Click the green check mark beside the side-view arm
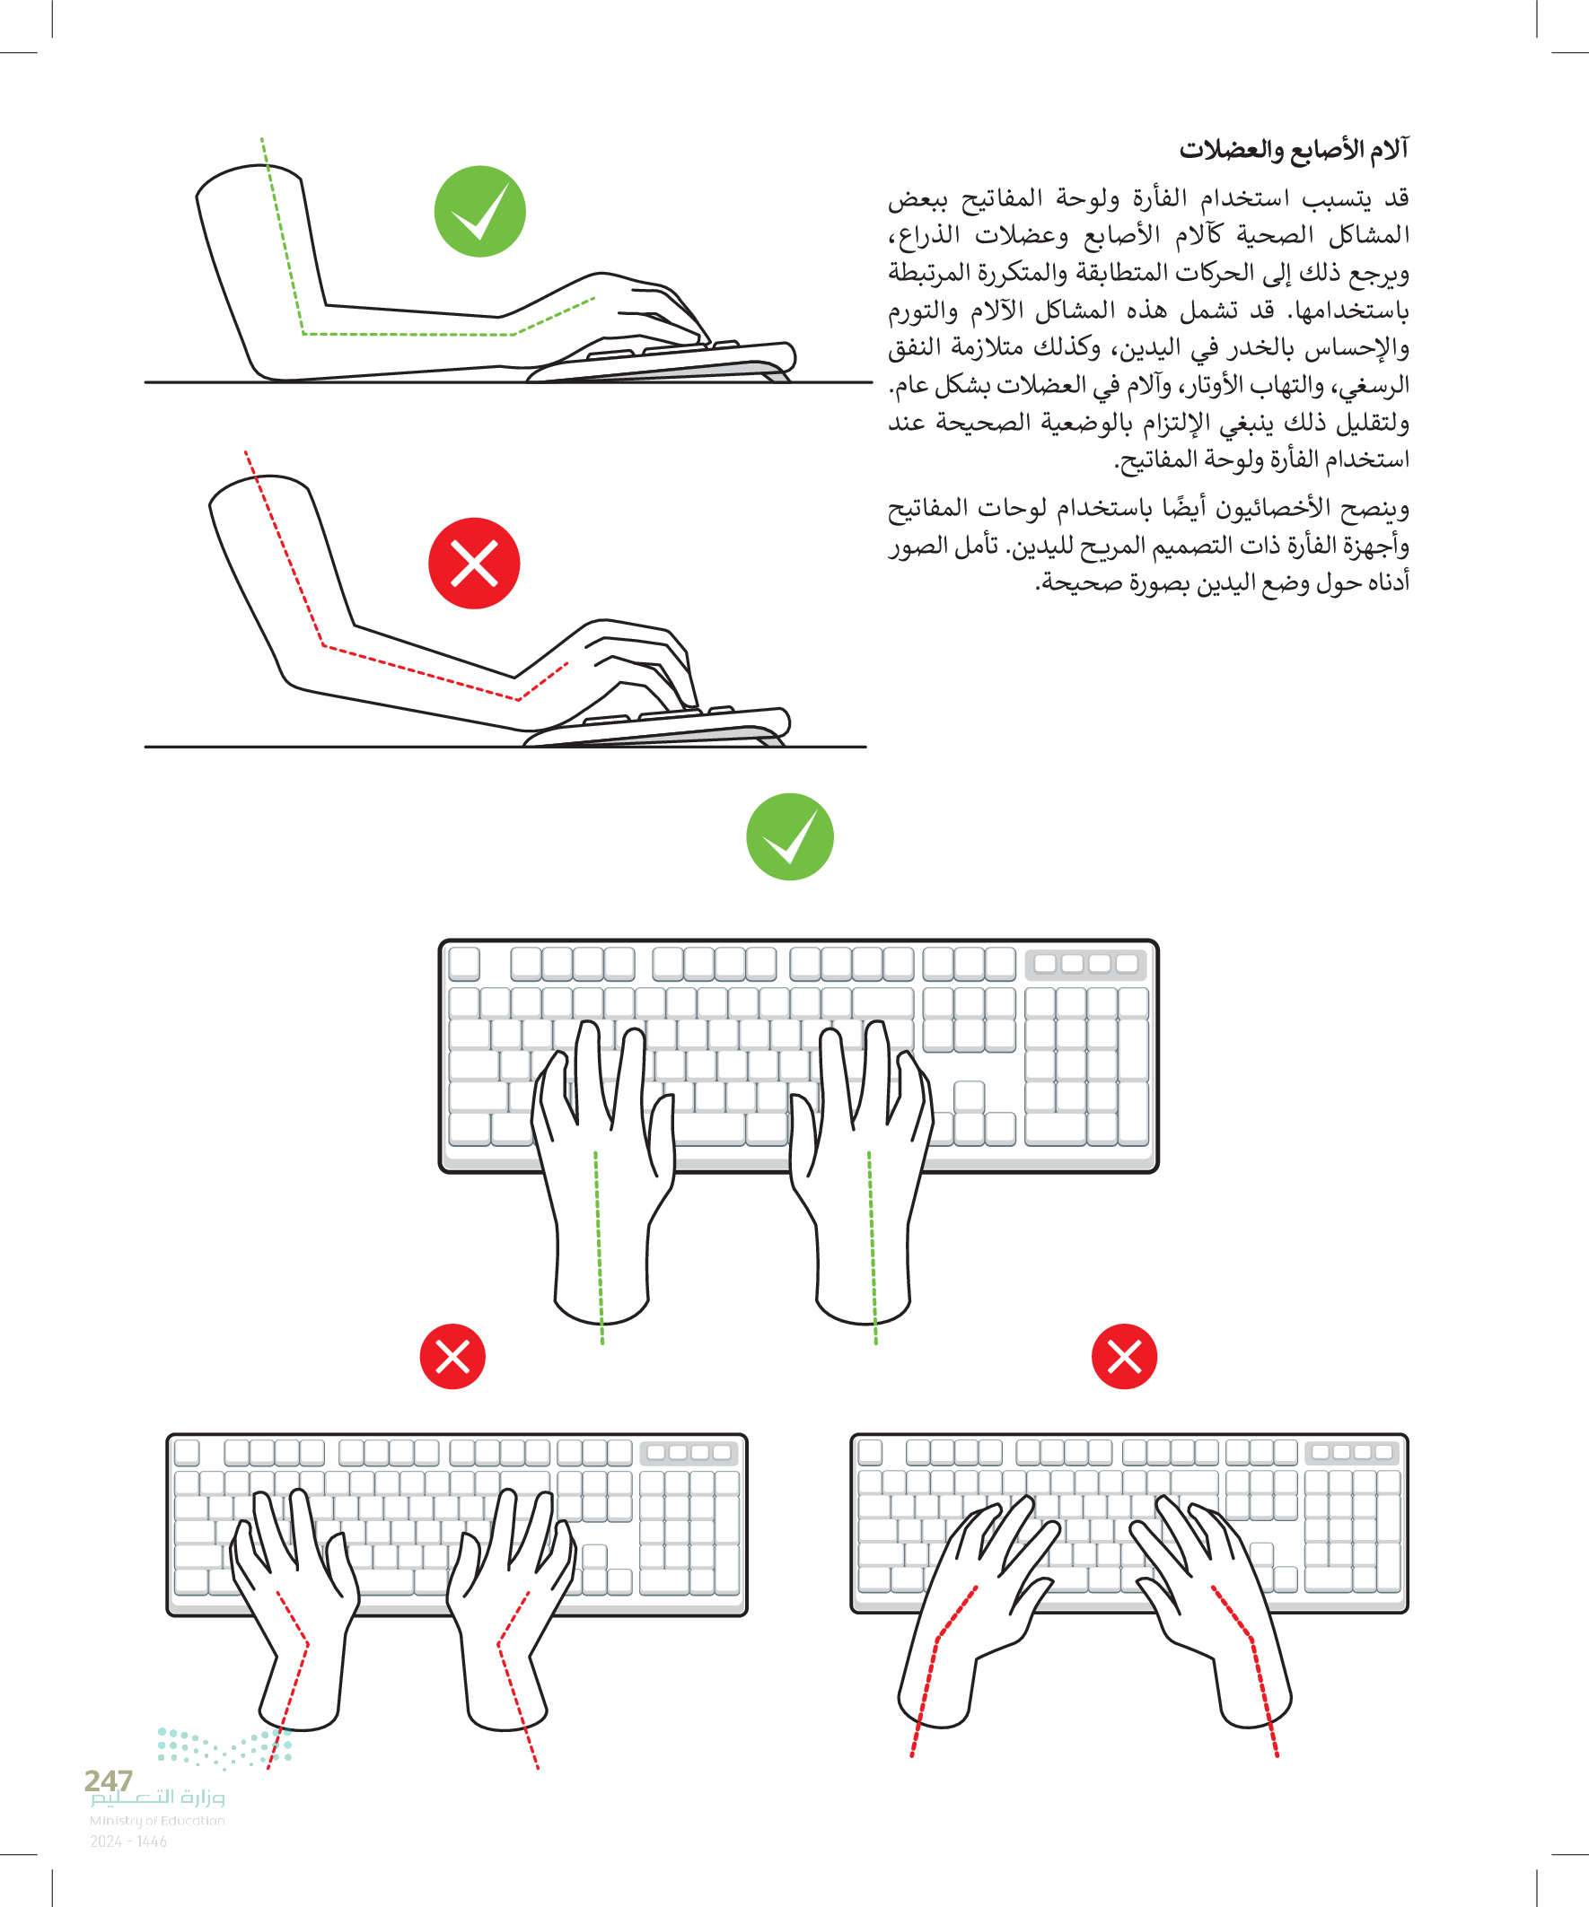point(479,212)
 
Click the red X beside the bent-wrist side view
point(474,563)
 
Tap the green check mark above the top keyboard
point(789,836)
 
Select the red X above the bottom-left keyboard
point(452,1357)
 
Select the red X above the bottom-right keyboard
point(1124,1357)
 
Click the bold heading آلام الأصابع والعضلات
point(1294,149)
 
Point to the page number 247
point(108,1780)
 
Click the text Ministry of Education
point(157,1820)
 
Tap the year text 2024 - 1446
point(128,1841)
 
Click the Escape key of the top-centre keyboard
point(464,964)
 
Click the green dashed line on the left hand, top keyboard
point(599,1247)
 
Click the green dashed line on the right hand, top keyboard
point(873,1247)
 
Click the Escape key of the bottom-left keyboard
point(186,1452)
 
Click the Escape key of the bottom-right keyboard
point(869,1452)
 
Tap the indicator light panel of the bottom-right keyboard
point(1351,1452)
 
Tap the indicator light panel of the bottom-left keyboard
point(688,1452)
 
